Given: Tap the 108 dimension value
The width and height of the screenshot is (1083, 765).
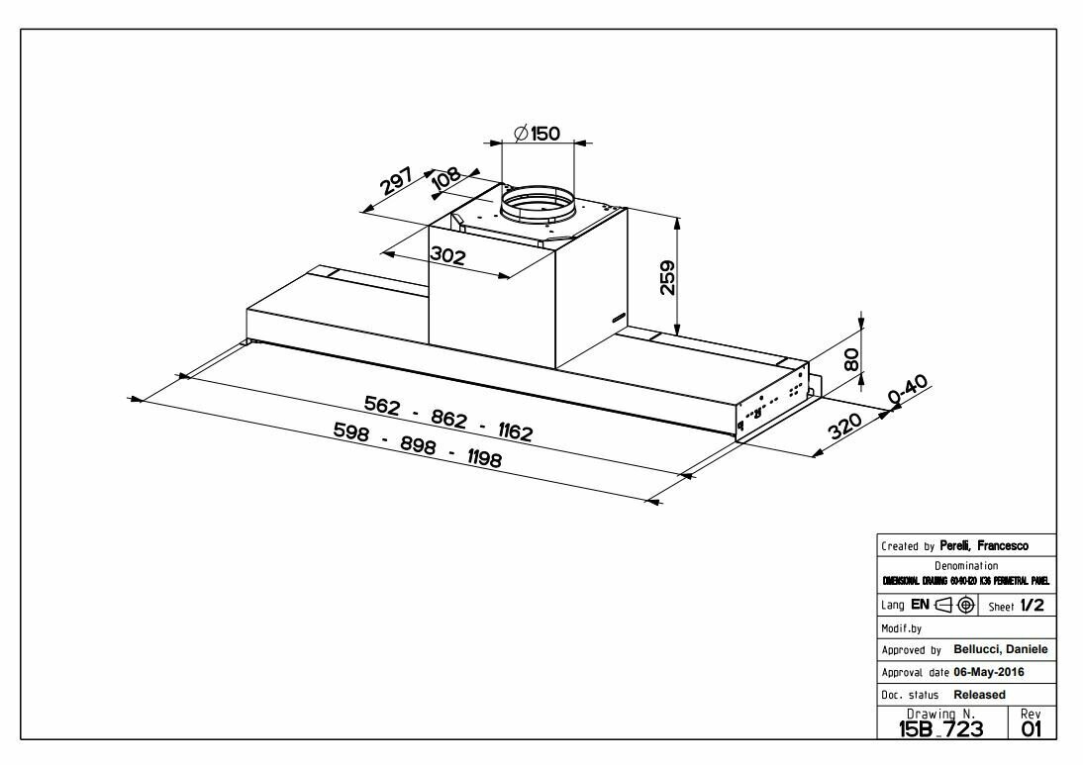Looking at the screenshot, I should tap(446, 178).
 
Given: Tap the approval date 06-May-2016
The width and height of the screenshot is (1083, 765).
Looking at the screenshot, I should tap(974, 672).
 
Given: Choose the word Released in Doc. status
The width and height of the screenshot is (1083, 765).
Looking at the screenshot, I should tap(979, 695).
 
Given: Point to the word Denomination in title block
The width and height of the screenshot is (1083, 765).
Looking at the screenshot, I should tap(965, 565).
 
